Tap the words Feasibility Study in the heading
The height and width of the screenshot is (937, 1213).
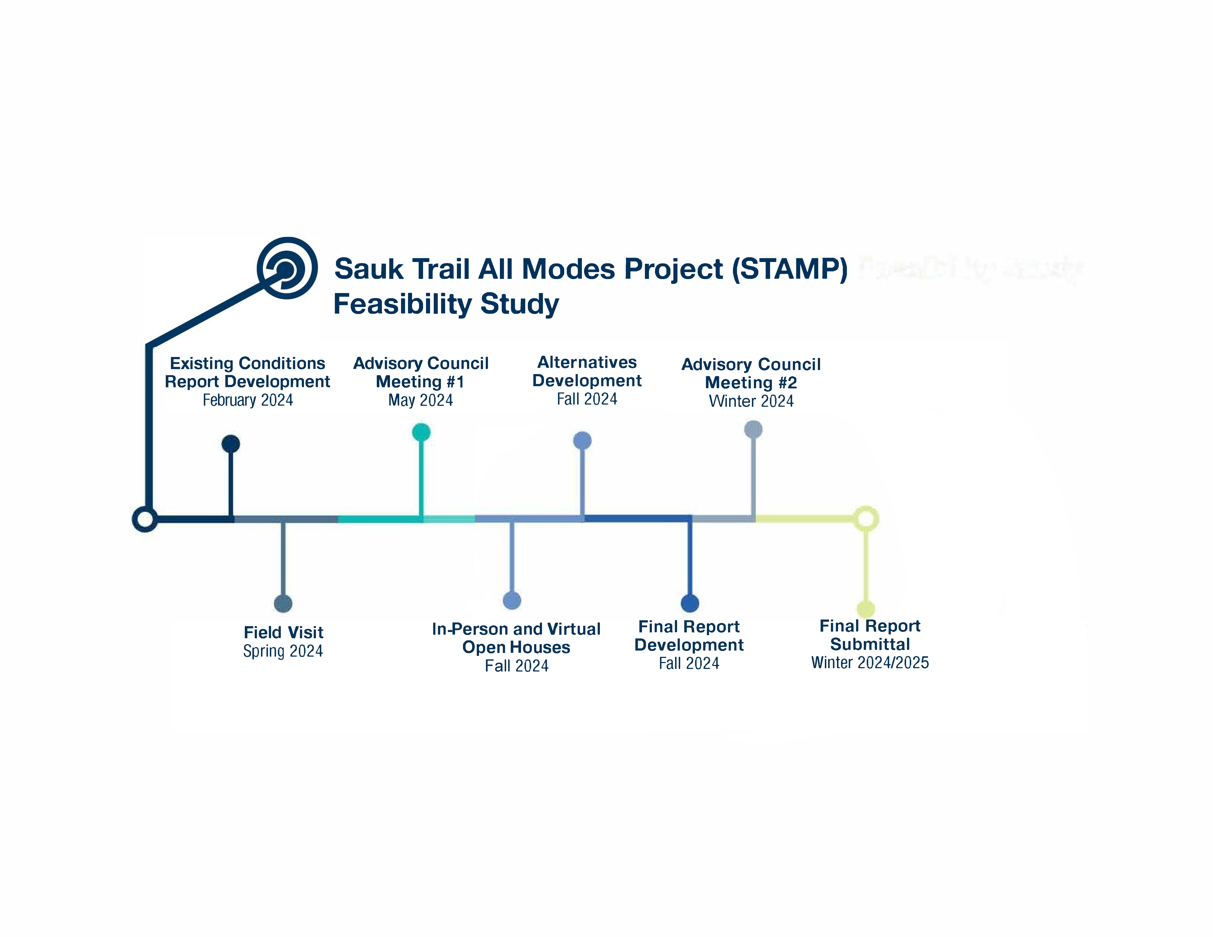pyautogui.click(x=446, y=304)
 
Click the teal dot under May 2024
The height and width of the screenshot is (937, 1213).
pyautogui.click(x=421, y=432)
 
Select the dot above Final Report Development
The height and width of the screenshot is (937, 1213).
pyautogui.click(x=690, y=603)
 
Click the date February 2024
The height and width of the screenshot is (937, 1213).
pyautogui.click(x=248, y=400)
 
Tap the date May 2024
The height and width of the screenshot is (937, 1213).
pyautogui.click(x=421, y=400)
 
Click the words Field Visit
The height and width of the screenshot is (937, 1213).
pyautogui.click(x=283, y=632)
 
